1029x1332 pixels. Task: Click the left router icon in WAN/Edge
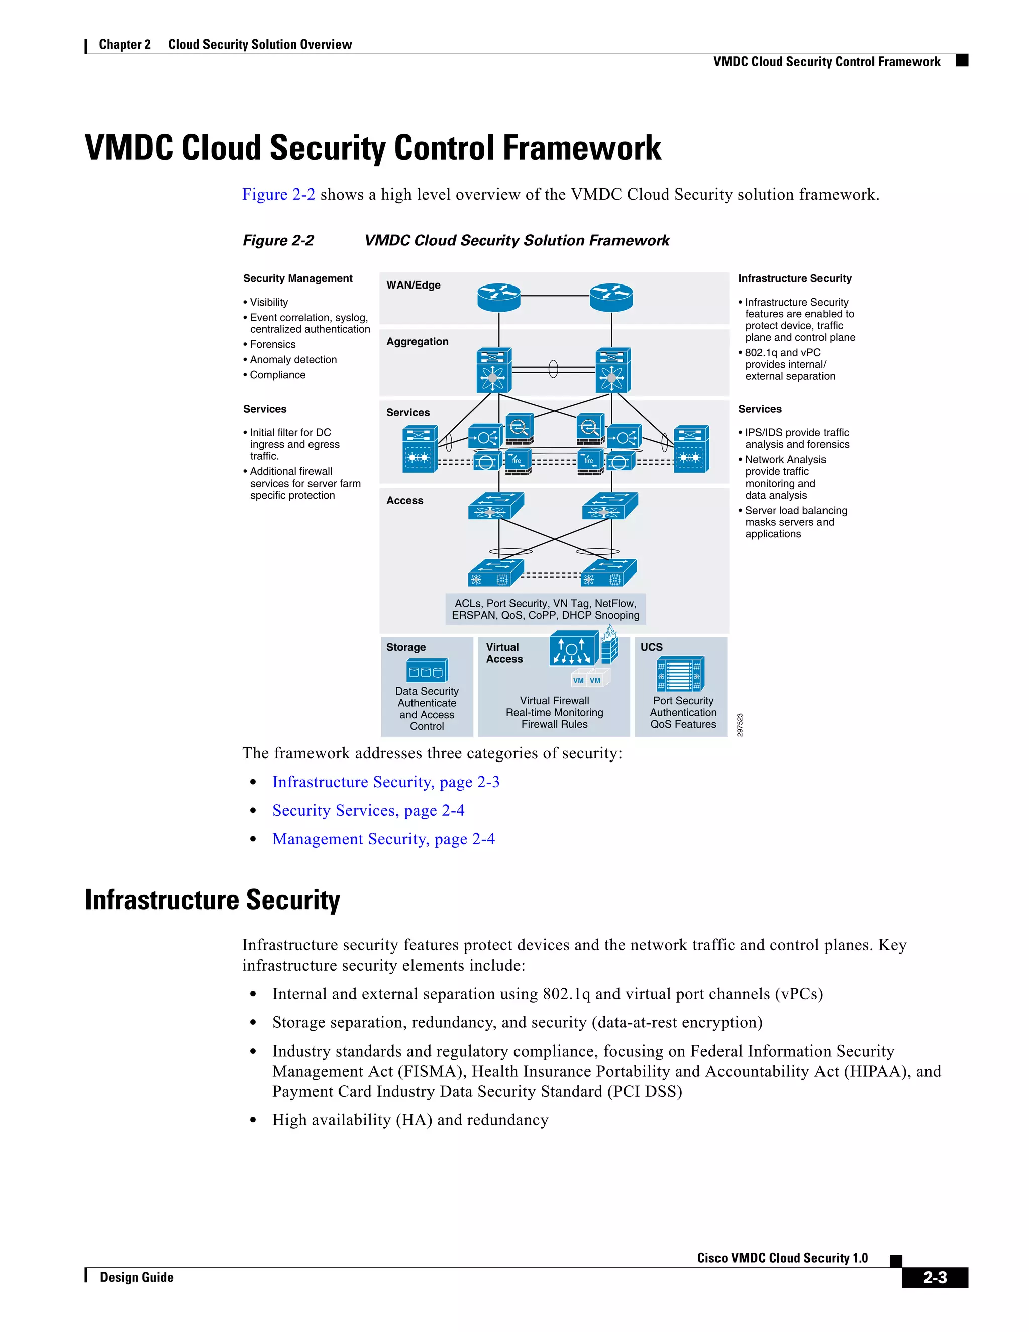pyautogui.click(x=498, y=298)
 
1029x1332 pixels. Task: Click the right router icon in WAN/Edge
pyautogui.click(x=611, y=298)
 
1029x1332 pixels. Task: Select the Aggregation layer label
pyautogui.click(x=417, y=341)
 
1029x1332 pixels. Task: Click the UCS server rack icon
pyautogui.click(x=680, y=675)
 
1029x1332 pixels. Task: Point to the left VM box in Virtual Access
pyautogui.click(x=578, y=680)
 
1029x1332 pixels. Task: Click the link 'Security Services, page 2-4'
pyautogui.click(x=368, y=811)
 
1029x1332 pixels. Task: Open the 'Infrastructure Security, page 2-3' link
pyautogui.click(x=385, y=782)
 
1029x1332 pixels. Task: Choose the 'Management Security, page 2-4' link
pyautogui.click(x=383, y=839)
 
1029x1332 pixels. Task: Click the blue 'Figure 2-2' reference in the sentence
pyautogui.click(x=278, y=195)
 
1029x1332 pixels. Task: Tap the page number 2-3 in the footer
pyautogui.click(x=935, y=1278)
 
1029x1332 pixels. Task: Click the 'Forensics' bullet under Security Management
pyautogui.click(x=272, y=345)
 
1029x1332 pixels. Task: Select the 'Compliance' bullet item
pyautogui.click(x=277, y=375)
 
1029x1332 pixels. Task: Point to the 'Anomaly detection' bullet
pyautogui.click(x=293, y=360)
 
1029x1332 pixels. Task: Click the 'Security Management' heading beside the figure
pyautogui.click(x=297, y=279)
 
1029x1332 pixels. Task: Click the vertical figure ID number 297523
pyautogui.click(x=740, y=724)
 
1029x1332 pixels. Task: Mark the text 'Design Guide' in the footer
pyautogui.click(x=137, y=1278)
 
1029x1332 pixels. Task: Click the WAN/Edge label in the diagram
pyautogui.click(x=414, y=285)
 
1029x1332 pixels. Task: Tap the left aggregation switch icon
pyautogui.click(x=493, y=370)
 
